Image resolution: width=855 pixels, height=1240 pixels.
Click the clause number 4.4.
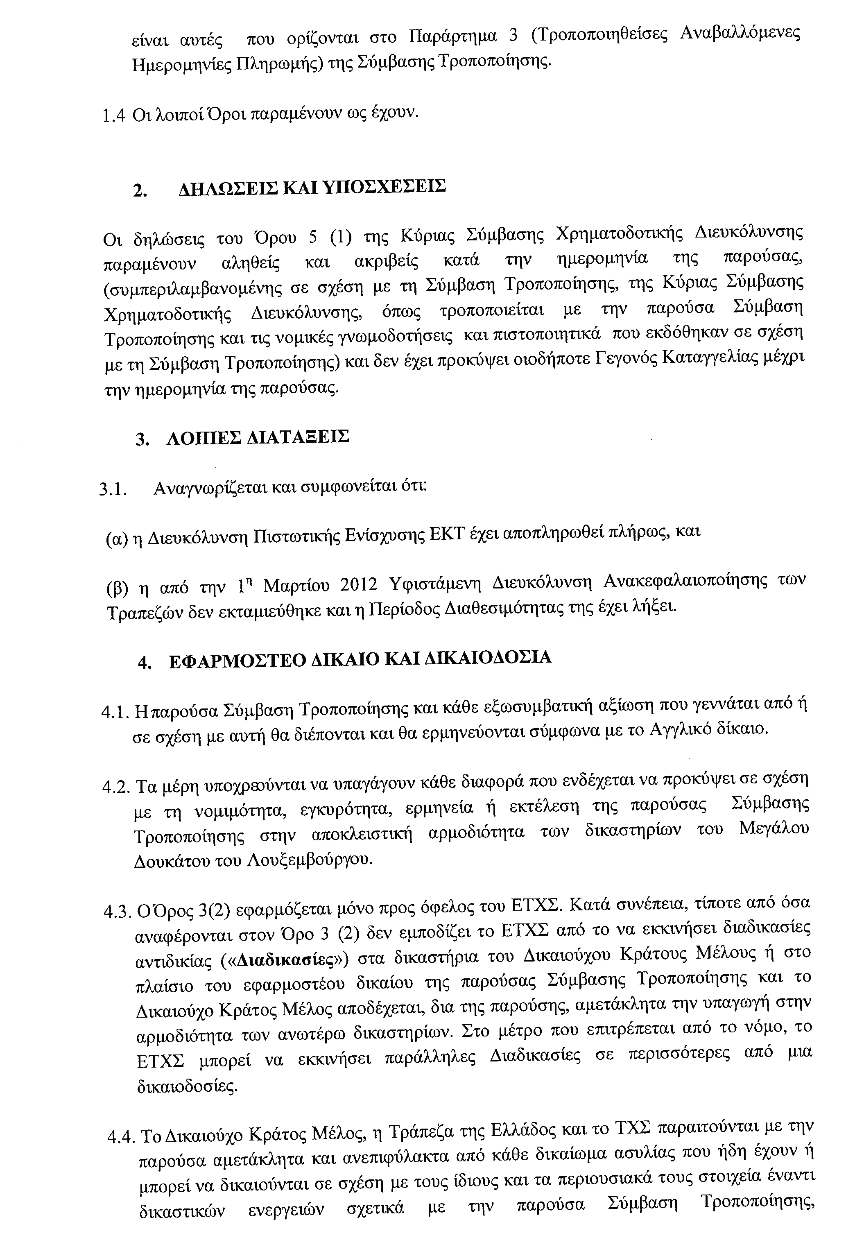pos(122,1137)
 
